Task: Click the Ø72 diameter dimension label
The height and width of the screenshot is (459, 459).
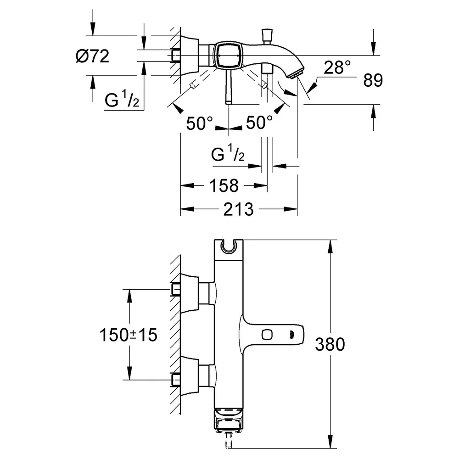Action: [92, 56]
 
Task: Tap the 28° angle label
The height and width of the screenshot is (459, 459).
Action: [337, 67]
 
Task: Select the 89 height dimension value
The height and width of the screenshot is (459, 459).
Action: [373, 80]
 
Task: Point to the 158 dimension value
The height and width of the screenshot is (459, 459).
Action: [224, 185]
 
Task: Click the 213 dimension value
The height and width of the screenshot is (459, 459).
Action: [238, 209]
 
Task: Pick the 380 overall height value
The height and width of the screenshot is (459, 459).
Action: [330, 344]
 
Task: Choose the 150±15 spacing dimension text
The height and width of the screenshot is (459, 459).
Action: [128, 335]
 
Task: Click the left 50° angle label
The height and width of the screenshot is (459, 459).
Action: [200, 123]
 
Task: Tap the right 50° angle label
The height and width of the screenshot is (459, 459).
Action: [259, 123]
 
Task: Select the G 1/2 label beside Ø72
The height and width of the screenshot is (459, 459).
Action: [122, 99]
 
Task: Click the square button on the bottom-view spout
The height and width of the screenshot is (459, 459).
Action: [267, 334]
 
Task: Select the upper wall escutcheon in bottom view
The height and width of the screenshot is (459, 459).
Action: [190, 293]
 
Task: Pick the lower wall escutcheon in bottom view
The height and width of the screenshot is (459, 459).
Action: [190, 376]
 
